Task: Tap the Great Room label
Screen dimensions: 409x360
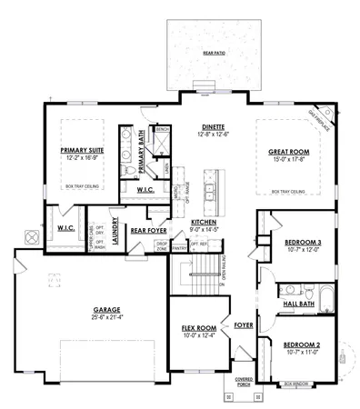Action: tap(288, 152)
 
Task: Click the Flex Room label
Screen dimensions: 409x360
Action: tap(199, 327)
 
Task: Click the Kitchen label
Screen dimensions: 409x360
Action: tap(204, 222)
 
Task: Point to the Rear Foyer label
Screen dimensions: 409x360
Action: tap(146, 230)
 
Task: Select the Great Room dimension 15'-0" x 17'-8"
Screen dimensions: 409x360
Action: tap(288, 160)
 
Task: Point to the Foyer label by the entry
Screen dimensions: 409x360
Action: tap(243, 324)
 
